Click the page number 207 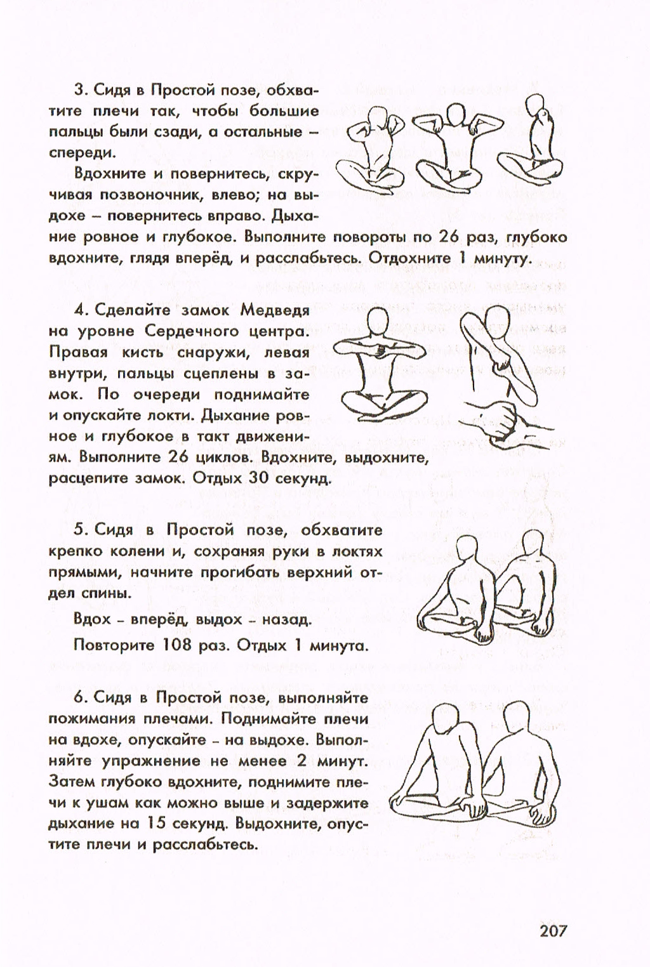point(552,931)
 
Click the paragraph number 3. point(80,90)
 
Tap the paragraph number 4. point(80,310)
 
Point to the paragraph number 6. point(80,697)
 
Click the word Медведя point(274,310)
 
